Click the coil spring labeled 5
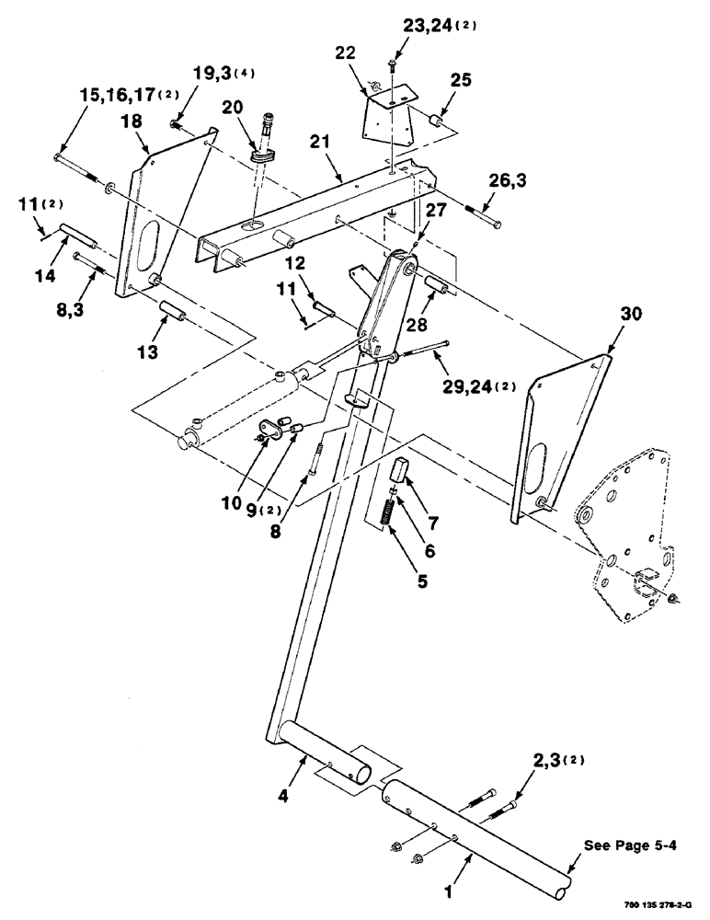click(388, 510)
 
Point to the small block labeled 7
click(402, 470)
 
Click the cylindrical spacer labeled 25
click(437, 124)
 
